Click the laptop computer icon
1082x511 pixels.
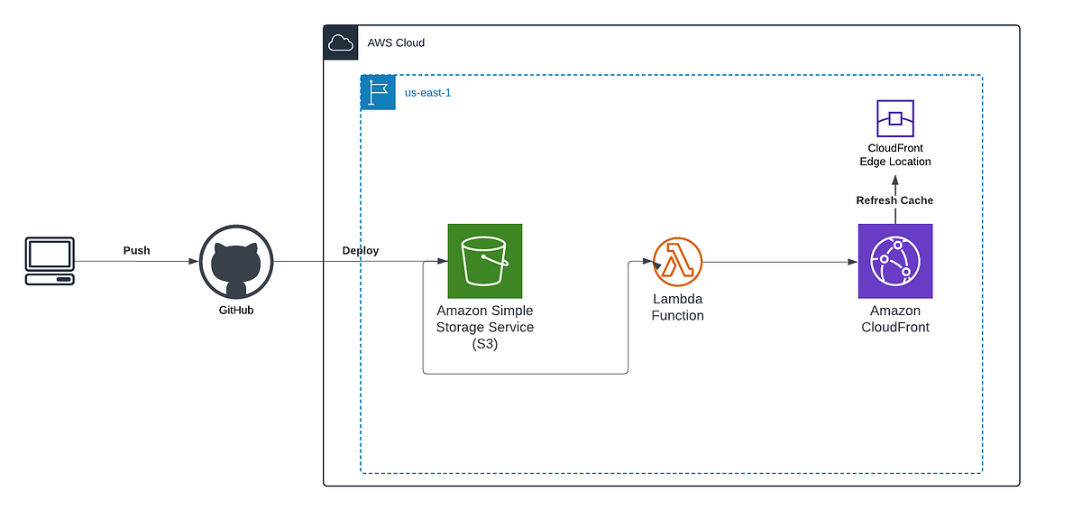(49, 261)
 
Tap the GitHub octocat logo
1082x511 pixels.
(235, 262)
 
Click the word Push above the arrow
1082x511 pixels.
(137, 249)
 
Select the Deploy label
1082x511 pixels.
(361, 250)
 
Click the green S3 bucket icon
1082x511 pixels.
(485, 261)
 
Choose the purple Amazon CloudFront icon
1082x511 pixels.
(895, 261)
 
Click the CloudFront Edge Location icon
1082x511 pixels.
(895, 118)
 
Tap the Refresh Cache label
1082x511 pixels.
(894, 200)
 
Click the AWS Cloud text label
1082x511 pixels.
(396, 42)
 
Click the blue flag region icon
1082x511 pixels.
(378, 93)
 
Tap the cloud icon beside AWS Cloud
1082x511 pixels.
(341, 42)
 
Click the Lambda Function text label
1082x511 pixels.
(677, 307)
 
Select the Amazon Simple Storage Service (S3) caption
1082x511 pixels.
(485, 327)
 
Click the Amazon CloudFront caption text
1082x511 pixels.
(894, 319)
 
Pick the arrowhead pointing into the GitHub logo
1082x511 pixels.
(194, 262)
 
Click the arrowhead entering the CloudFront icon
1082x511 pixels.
(852, 262)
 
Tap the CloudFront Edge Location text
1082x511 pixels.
(895, 154)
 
